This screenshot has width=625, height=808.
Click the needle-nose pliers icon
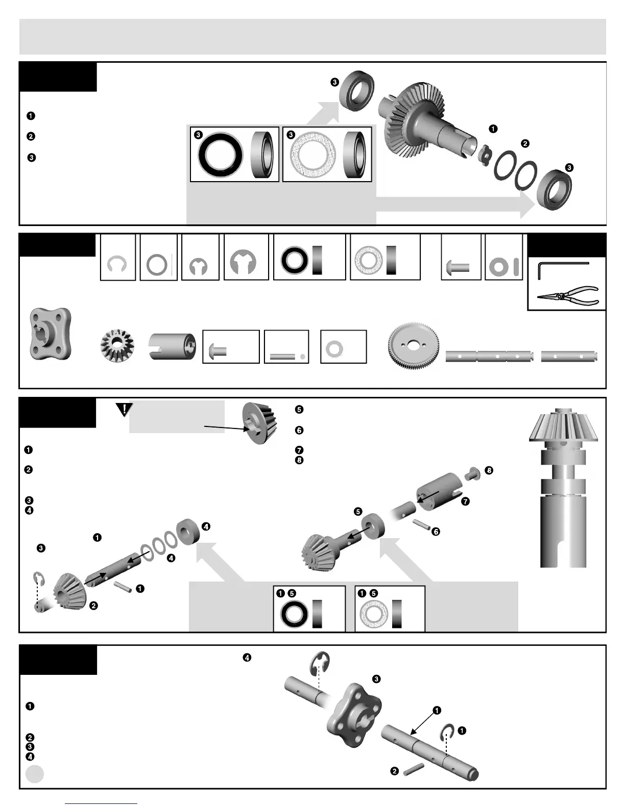567,295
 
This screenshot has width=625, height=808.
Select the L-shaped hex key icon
562,270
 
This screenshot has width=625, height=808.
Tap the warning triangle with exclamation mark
124,409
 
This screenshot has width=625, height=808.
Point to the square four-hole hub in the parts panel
51,334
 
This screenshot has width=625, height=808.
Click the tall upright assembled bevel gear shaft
563,490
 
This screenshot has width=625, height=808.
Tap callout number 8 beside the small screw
489,470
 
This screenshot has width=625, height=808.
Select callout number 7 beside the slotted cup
465,501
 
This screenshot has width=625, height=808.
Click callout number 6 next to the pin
436,532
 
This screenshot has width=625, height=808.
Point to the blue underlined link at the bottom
101,803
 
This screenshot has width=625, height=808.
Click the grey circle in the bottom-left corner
35,774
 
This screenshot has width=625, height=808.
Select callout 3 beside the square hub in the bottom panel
376,679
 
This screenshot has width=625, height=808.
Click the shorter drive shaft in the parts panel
569,356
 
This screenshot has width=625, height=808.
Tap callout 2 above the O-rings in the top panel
525,144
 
